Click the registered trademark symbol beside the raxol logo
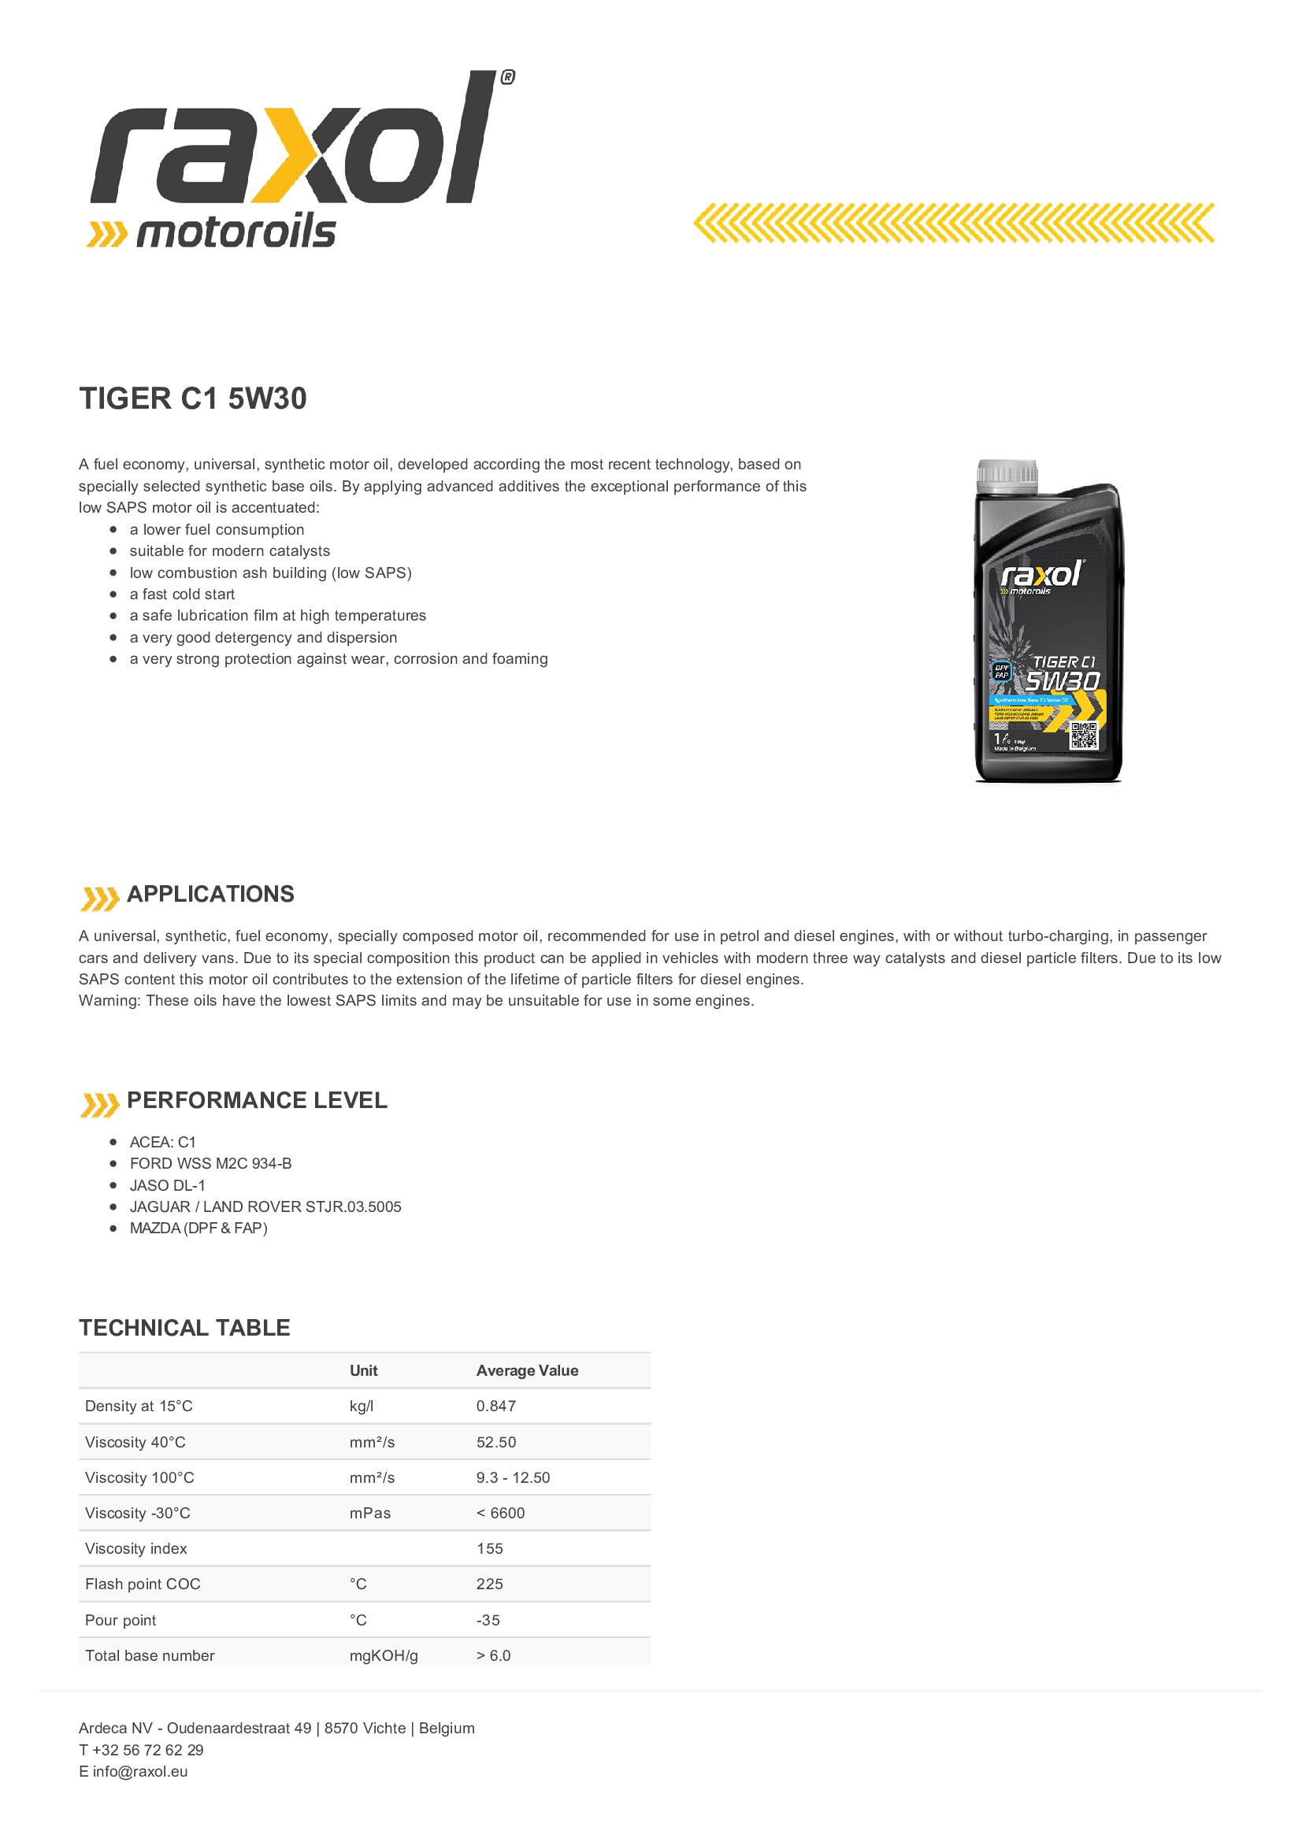point(507,77)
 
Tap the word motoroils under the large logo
point(235,232)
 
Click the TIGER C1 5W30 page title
point(192,398)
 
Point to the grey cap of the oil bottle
point(1007,475)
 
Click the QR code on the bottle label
point(1083,735)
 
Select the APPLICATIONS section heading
point(210,894)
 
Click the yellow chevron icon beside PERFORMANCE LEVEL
point(99,1104)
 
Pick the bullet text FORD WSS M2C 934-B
point(210,1163)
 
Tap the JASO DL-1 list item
point(168,1185)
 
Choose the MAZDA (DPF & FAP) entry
point(198,1229)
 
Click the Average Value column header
point(527,1370)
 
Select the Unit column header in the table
point(363,1370)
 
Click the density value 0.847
point(495,1406)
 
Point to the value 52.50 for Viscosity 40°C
point(495,1442)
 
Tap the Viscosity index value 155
point(489,1548)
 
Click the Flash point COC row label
point(143,1584)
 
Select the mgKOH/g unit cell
point(384,1655)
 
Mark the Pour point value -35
point(488,1620)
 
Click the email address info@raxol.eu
point(139,1771)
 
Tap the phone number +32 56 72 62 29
point(147,1750)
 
